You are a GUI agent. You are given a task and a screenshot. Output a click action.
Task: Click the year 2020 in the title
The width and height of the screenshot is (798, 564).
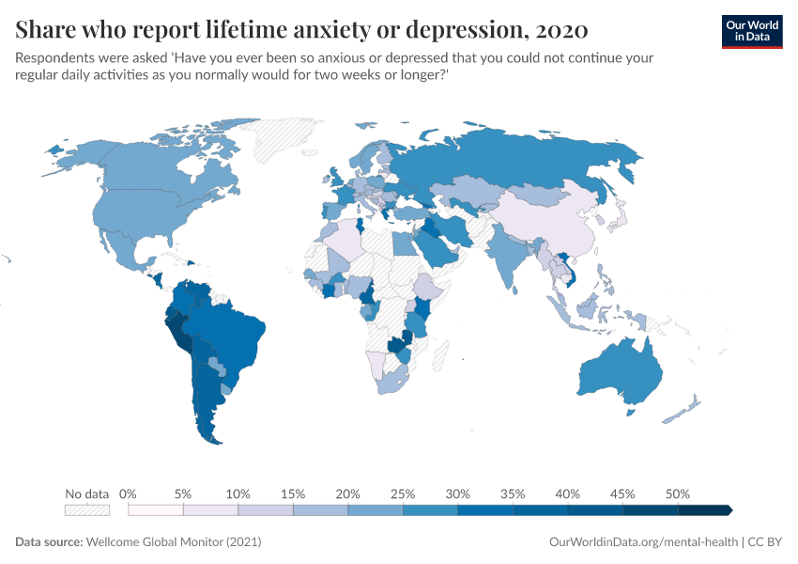coord(560,30)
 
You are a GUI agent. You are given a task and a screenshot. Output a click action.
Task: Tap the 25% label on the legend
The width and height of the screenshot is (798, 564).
coord(403,493)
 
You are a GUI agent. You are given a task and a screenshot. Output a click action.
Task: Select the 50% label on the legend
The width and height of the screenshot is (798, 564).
coord(677,493)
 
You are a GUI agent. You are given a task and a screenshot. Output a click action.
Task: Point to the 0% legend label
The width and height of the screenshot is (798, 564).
coord(129,493)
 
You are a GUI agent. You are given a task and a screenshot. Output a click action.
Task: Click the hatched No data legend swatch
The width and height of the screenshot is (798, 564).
coord(87,509)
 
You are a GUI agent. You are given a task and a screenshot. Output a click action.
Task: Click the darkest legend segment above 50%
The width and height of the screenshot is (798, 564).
coord(704,509)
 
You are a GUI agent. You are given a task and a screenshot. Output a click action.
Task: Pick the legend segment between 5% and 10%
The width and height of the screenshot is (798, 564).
coord(210,509)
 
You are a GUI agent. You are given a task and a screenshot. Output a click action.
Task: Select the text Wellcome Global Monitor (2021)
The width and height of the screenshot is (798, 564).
coord(173,542)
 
